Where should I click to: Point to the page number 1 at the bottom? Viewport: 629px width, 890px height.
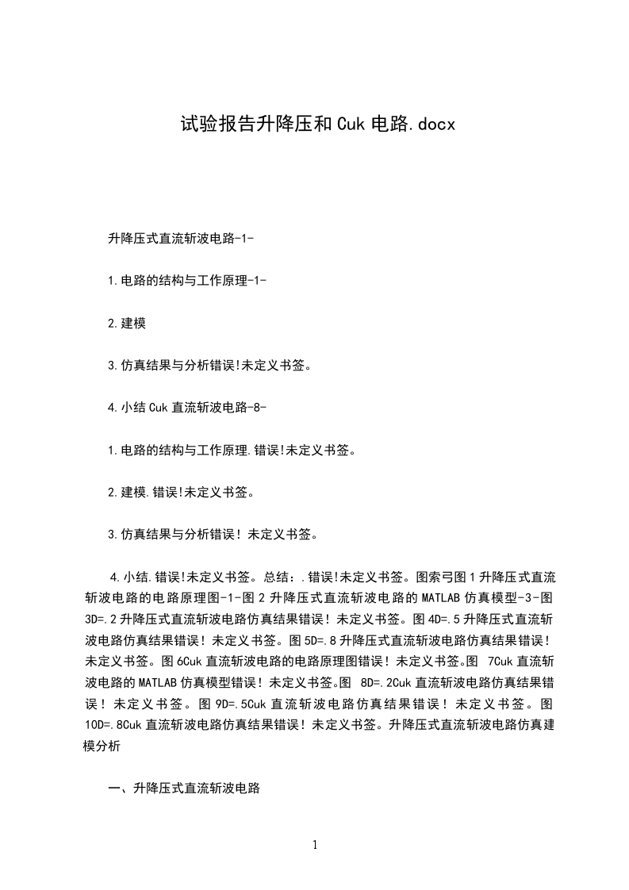click(x=315, y=846)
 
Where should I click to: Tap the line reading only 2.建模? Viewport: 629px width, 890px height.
click(x=126, y=323)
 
